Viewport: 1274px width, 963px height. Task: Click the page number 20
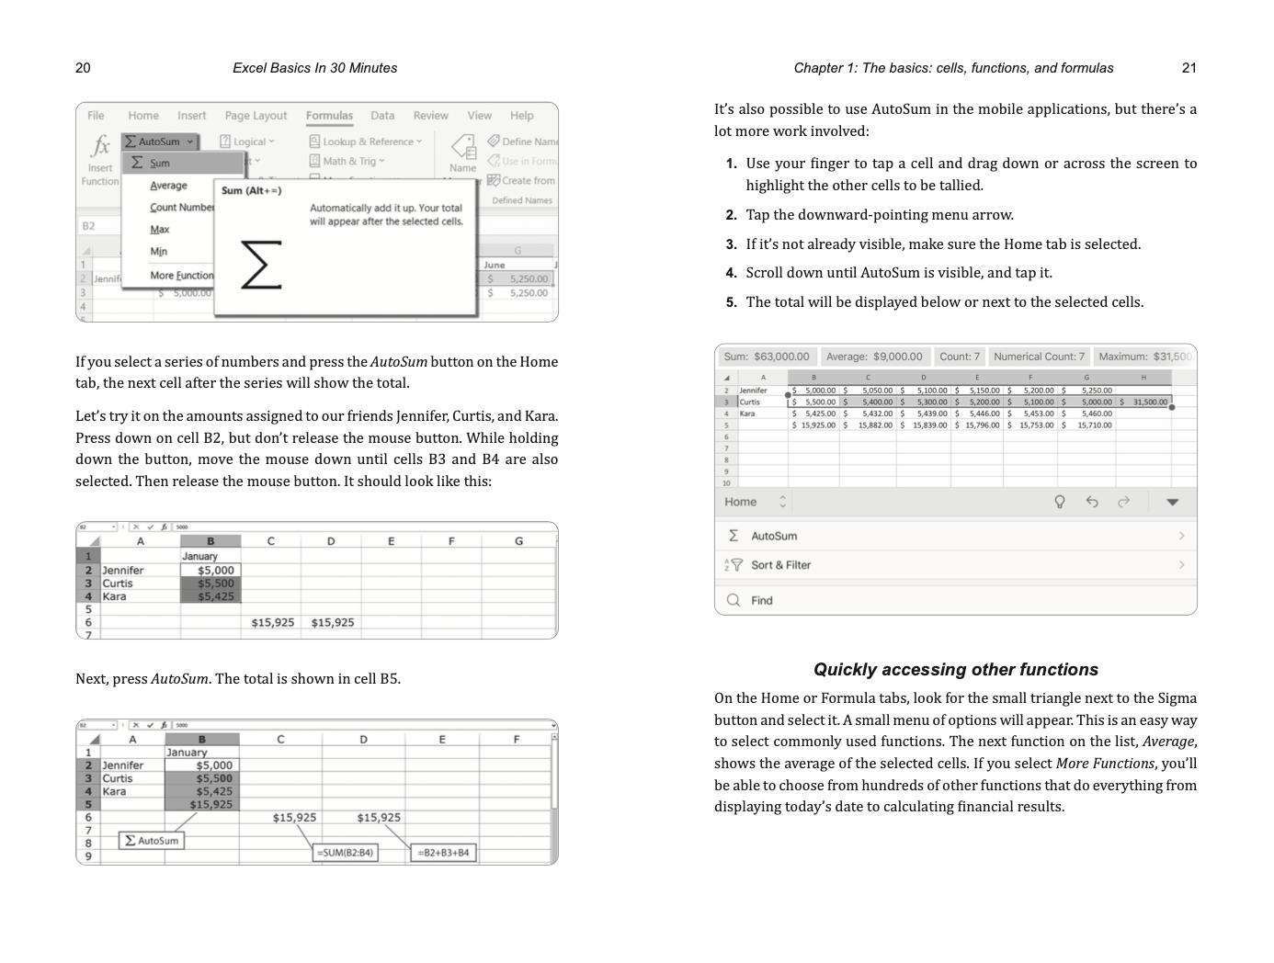click(x=83, y=68)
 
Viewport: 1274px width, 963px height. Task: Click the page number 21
click(x=1189, y=68)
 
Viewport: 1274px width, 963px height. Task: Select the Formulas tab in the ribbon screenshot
click(x=329, y=116)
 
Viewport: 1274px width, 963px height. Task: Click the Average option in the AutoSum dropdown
click(x=168, y=186)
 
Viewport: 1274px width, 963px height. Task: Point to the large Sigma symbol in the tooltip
click(x=260, y=265)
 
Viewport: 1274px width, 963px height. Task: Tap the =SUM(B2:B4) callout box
click(x=345, y=853)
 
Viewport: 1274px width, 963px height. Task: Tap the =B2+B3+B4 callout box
click(x=443, y=853)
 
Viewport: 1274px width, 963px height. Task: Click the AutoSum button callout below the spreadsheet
click(x=152, y=841)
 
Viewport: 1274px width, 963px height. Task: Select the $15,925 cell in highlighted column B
click(x=210, y=805)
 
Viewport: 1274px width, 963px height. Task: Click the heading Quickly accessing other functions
click(x=955, y=670)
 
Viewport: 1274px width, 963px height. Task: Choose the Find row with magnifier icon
click(x=761, y=600)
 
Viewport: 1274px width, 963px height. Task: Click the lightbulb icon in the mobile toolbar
click(x=1059, y=502)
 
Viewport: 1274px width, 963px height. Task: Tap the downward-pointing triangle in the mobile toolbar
click(x=1172, y=502)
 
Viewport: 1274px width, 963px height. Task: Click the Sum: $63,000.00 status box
click(x=766, y=357)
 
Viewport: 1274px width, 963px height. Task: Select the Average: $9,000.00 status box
click(x=873, y=357)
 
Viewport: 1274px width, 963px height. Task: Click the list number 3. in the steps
click(x=731, y=244)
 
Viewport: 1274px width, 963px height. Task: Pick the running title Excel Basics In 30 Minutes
click(x=314, y=68)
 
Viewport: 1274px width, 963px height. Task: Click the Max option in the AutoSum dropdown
click(x=160, y=230)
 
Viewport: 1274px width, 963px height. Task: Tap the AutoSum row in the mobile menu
click(x=774, y=536)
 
